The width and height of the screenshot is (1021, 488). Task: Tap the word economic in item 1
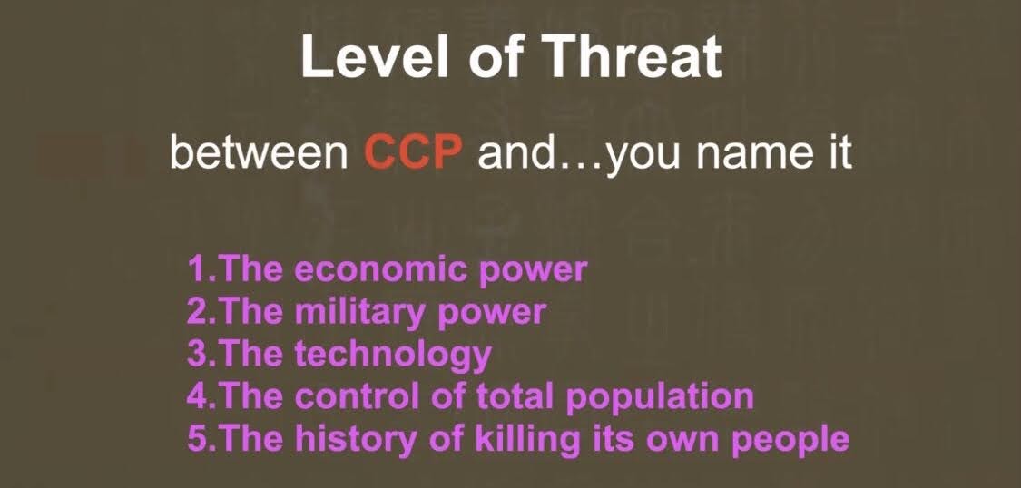pyautogui.click(x=381, y=269)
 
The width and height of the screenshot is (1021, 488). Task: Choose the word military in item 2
pyautogui.click(x=360, y=312)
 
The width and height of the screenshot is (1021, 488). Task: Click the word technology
pyautogui.click(x=393, y=356)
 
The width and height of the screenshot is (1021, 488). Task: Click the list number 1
pyautogui.click(x=198, y=269)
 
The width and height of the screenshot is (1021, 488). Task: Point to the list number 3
pyautogui.click(x=197, y=354)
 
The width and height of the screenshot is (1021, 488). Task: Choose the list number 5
pyautogui.click(x=197, y=439)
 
